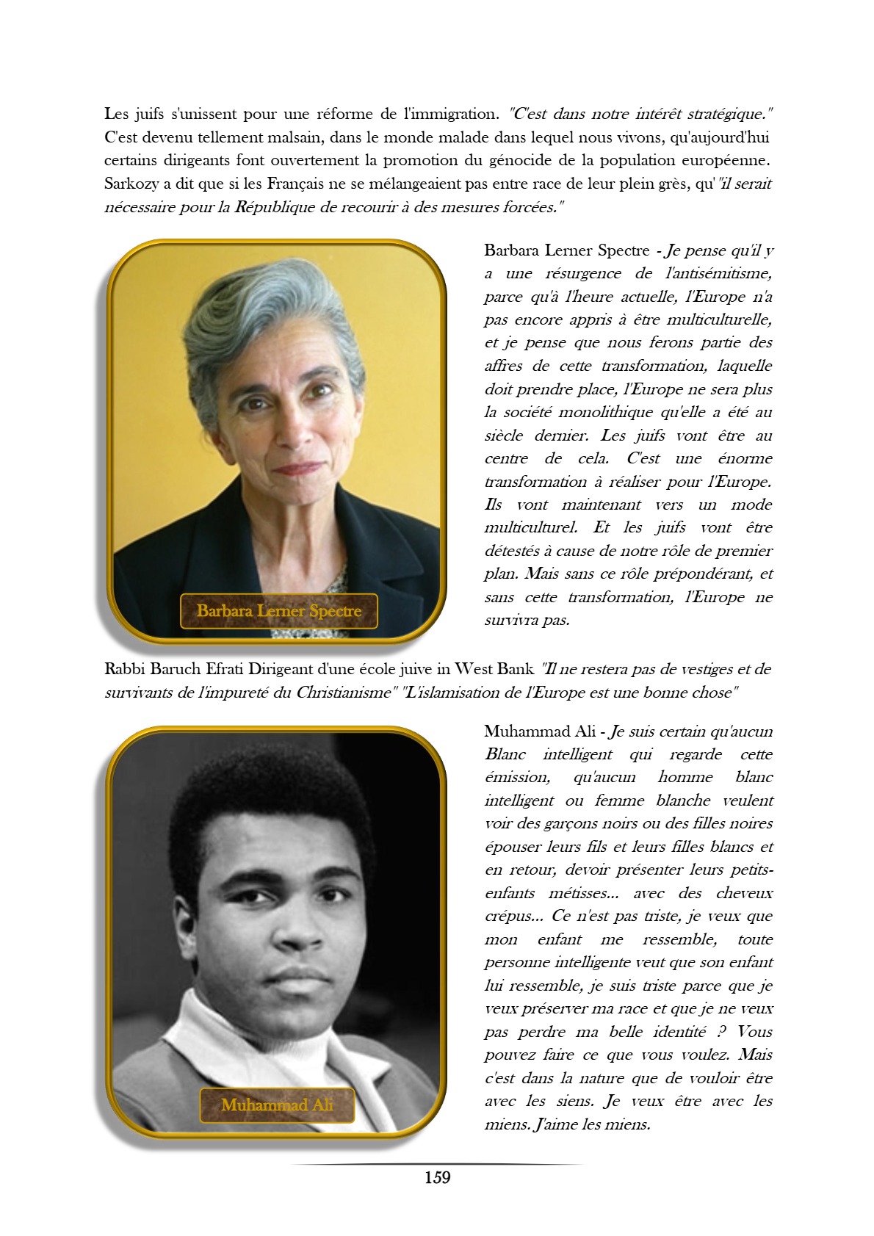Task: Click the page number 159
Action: coord(437,1177)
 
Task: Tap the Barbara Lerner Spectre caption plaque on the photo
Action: coord(279,611)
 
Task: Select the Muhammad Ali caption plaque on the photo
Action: coord(278,1105)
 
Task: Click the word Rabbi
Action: coord(124,669)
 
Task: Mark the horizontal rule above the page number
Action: coord(437,1164)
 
